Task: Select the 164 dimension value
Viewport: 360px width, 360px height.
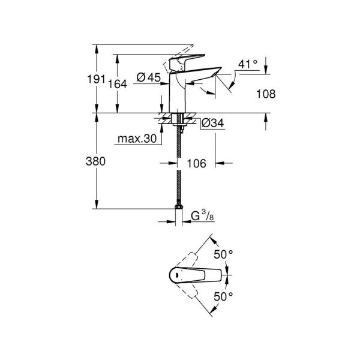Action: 118,85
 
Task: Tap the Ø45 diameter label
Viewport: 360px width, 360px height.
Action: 148,77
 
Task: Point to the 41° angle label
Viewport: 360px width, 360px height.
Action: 247,63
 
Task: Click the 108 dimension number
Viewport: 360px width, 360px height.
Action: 266,94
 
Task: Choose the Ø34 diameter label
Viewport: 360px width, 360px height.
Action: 212,123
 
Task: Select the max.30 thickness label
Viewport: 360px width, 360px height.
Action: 136,139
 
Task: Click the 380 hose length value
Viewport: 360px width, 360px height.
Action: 97,161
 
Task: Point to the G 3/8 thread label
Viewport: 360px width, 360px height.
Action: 202,216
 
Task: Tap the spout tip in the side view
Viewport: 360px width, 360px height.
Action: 211,81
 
